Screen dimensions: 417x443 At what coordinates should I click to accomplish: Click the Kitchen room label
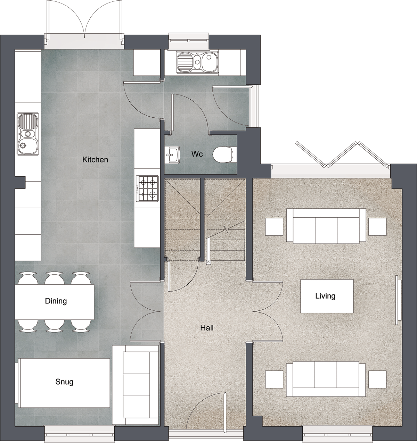point(95,160)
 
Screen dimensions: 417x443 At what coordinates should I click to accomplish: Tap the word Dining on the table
point(56,301)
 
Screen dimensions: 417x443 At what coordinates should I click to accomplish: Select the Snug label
point(64,382)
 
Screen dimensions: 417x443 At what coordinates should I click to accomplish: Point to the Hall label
point(207,328)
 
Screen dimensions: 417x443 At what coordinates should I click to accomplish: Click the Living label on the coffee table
point(325,296)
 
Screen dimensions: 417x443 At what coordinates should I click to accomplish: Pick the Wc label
point(197,154)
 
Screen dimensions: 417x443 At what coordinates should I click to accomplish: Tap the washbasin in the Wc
point(172,154)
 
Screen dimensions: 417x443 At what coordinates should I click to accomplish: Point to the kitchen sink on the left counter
point(28,134)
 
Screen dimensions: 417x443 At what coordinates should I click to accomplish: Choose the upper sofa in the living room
point(326,226)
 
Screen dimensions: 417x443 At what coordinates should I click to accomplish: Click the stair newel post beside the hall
point(208,262)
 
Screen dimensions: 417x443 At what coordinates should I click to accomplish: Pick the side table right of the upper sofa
point(377,227)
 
